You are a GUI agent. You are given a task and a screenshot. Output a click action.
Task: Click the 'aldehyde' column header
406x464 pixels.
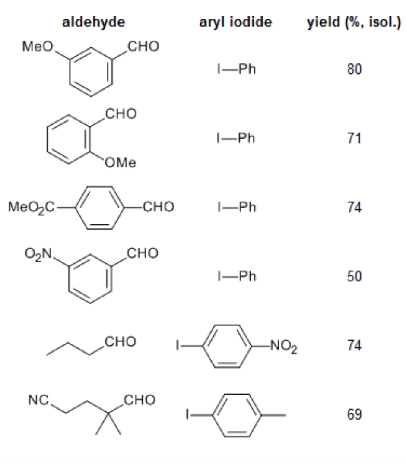click(x=93, y=22)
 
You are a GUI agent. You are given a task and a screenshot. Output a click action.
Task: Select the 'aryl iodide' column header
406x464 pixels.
click(x=235, y=22)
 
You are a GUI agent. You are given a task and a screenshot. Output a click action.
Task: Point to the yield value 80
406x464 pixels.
click(x=355, y=69)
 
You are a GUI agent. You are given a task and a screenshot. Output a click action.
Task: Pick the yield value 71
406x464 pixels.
click(x=355, y=138)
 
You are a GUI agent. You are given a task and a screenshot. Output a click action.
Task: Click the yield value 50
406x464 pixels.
click(x=355, y=276)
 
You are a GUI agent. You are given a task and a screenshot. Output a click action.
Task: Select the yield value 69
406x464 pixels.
click(x=355, y=415)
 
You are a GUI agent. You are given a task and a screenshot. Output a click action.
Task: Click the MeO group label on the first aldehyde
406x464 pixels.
click(x=38, y=47)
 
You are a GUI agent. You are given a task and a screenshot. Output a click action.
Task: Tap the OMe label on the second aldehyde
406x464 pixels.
click(x=121, y=163)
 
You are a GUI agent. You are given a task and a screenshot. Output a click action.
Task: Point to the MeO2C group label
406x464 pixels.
click(x=32, y=207)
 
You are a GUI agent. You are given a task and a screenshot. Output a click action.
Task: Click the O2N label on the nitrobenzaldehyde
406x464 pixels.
click(x=38, y=254)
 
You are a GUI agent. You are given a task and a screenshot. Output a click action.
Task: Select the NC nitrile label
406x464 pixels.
click(x=38, y=400)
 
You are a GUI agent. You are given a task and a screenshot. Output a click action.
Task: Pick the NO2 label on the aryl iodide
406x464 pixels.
click(x=284, y=346)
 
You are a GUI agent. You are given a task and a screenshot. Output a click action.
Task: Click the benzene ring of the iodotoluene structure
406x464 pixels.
click(x=237, y=415)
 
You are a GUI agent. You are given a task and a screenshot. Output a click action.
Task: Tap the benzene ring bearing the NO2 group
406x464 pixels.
click(x=227, y=346)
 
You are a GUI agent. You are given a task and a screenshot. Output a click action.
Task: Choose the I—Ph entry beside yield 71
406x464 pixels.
click(x=236, y=138)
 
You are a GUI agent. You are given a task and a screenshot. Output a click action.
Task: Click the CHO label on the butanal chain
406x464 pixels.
click(x=121, y=342)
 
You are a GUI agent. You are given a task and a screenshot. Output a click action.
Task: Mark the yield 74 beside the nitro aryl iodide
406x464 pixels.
click(x=355, y=346)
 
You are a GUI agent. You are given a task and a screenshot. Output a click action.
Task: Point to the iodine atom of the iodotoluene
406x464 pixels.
click(x=187, y=415)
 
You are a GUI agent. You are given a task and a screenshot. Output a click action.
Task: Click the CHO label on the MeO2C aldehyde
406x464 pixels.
click(x=159, y=207)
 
